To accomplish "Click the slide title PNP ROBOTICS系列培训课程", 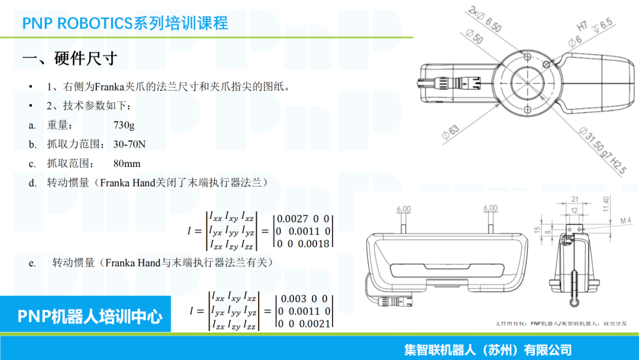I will click(125, 23).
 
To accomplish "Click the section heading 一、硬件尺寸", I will click(69, 59).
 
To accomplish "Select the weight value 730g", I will click(124, 125).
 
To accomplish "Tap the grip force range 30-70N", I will click(130, 144).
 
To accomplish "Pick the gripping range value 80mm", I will click(127, 163).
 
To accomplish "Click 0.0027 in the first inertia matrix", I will click(293, 218).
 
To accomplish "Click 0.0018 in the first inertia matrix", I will click(314, 243).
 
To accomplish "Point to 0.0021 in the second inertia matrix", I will click(314, 323).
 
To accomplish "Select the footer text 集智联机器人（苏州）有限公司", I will click(488, 350).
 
